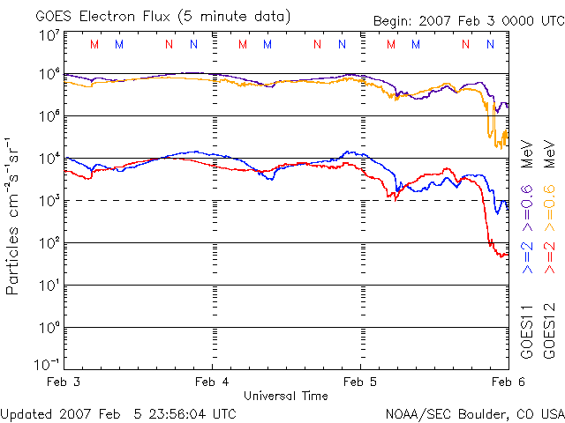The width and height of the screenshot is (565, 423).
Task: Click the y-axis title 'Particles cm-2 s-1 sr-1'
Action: click(14, 215)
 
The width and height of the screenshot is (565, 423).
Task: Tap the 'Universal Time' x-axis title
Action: click(285, 396)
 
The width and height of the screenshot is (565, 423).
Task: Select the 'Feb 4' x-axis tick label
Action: click(212, 382)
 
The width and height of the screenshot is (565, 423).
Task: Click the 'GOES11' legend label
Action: click(527, 331)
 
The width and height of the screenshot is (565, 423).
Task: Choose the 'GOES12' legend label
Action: click(547, 331)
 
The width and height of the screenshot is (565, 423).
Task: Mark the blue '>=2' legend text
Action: click(527, 255)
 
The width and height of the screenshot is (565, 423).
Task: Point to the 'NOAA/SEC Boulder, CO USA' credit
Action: click(474, 413)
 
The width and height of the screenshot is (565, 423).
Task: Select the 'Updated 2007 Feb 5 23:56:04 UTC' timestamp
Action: click(118, 413)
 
